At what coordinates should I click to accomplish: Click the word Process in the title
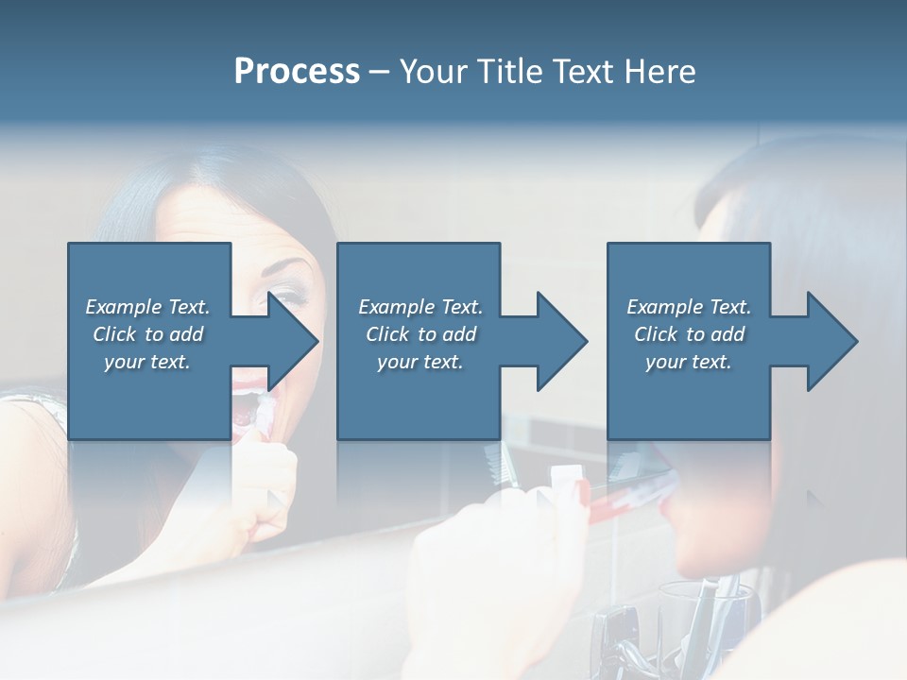[x=297, y=72]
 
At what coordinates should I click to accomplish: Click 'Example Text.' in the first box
[x=147, y=307]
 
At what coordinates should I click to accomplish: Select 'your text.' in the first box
[x=147, y=362]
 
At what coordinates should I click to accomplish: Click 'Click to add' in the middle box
[x=420, y=334]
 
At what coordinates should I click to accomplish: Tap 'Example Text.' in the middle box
[x=420, y=307]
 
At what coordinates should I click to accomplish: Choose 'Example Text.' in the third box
[x=689, y=307]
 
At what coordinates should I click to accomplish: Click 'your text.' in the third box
[x=689, y=362]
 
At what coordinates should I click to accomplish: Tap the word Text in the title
[x=580, y=72]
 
